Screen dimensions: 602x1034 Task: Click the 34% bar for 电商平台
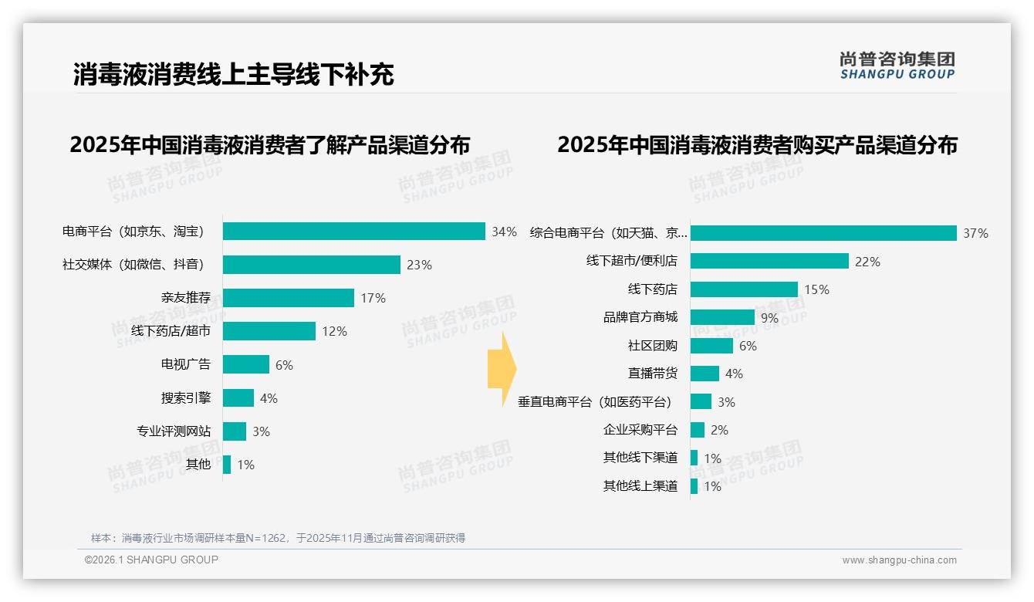click(x=353, y=232)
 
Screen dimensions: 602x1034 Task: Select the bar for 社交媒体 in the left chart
click(x=311, y=265)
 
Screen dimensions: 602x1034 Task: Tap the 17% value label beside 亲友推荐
click(x=373, y=298)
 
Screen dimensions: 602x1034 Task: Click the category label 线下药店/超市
click(x=171, y=331)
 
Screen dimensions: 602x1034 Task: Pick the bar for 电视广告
click(x=245, y=364)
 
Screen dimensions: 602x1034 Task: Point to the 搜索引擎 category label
click(x=185, y=398)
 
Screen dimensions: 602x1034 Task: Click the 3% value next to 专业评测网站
click(x=261, y=431)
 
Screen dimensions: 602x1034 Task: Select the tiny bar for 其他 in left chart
click(x=227, y=465)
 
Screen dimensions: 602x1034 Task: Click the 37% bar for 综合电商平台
click(x=823, y=233)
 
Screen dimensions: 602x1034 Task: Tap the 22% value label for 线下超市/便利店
click(x=867, y=262)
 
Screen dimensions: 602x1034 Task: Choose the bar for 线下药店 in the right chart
click(x=744, y=289)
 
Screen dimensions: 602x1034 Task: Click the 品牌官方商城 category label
click(x=640, y=317)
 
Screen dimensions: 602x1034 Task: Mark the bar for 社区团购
click(x=711, y=346)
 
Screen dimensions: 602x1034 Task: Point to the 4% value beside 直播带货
click(x=734, y=374)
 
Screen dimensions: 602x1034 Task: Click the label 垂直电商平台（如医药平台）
click(x=594, y=402)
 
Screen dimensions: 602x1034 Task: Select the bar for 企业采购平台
click(x=697, y=430)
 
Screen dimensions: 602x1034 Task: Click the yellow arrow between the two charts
click(x=502, y=369)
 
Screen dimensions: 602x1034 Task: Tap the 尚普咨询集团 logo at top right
click(x=897, y=65)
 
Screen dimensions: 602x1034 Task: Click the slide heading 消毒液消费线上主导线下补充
click(x=233, y=74)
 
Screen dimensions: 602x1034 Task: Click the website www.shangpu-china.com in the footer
click(x=899, y=560)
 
